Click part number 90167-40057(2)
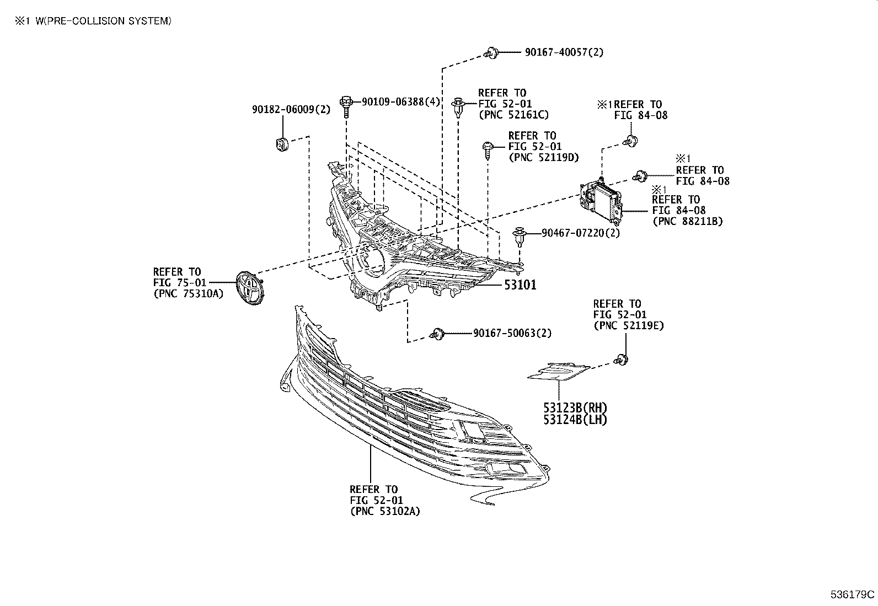click(564, 52)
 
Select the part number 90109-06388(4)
click(401, 101)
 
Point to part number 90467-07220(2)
click(581, 233)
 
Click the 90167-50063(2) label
click(512, 333)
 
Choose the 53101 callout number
click(518, 285)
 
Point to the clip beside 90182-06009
click(282, 144)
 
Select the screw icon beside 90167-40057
click(491, 53)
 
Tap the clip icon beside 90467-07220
click(519, 236)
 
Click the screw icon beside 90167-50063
click(438, 334)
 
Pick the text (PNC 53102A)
click(385, 511)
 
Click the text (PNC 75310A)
click(188, 293)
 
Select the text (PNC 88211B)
click(687, 221)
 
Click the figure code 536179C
click(853, 595)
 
